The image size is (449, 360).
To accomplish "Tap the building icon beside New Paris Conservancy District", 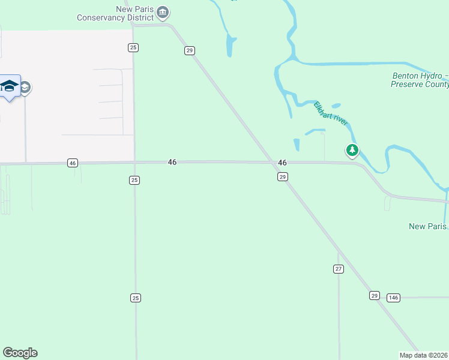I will coord(163,12).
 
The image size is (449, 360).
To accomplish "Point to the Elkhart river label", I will coord(331,113).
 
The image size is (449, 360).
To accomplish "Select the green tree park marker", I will coord(352,150).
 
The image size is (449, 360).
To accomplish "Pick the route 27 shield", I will coord(339,269).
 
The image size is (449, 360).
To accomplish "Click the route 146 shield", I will coord(393,298).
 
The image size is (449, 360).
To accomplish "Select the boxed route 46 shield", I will coord(72,163).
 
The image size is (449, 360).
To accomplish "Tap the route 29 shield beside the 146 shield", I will coord(374,295).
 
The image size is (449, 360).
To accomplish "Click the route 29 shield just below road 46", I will coord(283,176).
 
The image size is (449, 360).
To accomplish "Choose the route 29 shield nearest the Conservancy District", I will coord(189,51).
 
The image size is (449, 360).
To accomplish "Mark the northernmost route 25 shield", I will coord(133,47).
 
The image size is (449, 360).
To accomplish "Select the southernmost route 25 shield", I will coord(135,298).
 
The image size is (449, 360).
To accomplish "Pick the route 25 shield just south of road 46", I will coord(134,180).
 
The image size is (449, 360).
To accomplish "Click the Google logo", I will coord(20,353).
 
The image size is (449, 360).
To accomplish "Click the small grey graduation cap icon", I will coord(26,88).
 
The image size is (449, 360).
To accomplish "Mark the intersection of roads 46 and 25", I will coord(134,162).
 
